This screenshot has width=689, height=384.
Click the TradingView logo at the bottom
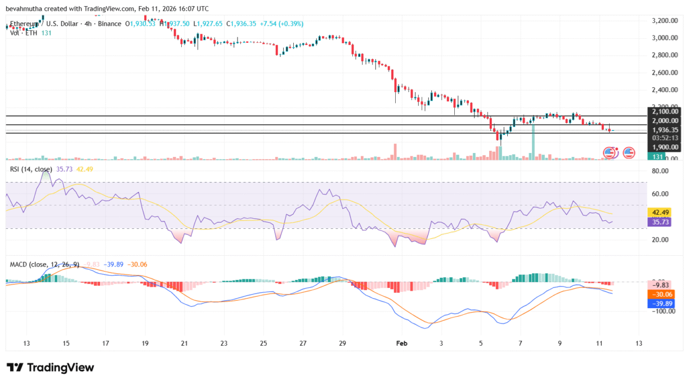click(x=50, y=368)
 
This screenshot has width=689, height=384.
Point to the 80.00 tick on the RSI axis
click(x=660, y=171)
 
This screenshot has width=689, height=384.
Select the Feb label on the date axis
click(x=401, y=342)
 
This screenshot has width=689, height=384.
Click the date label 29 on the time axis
click(x=342, y=342)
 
